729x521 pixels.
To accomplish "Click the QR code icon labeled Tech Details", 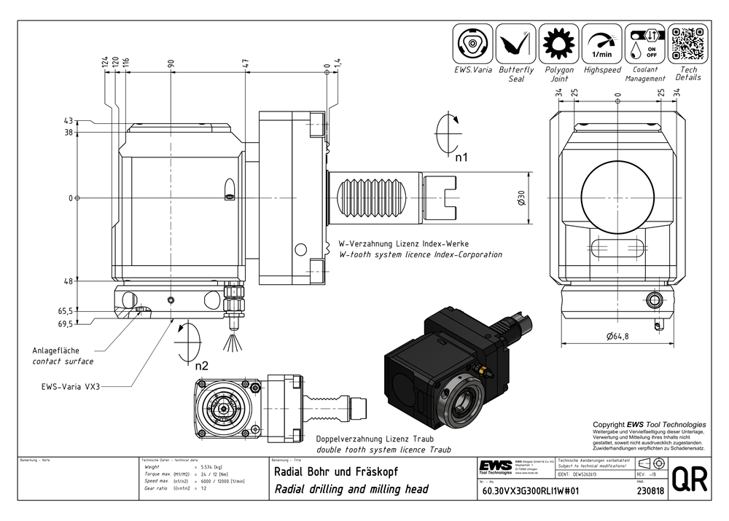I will (687, 44).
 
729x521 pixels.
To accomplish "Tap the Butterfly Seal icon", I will (516, 44).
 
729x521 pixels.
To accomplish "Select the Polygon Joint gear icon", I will (559, 44).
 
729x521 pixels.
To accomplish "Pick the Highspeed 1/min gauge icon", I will (602, 44).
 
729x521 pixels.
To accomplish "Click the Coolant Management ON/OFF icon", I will (644, 44).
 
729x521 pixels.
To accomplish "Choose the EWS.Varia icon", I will (473, 44).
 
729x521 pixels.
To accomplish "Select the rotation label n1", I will (461, 157).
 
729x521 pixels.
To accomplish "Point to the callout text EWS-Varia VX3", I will (66, 386).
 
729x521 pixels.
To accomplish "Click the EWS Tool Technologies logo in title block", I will (495, 466).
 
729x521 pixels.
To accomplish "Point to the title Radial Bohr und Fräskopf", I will (338, 471).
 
